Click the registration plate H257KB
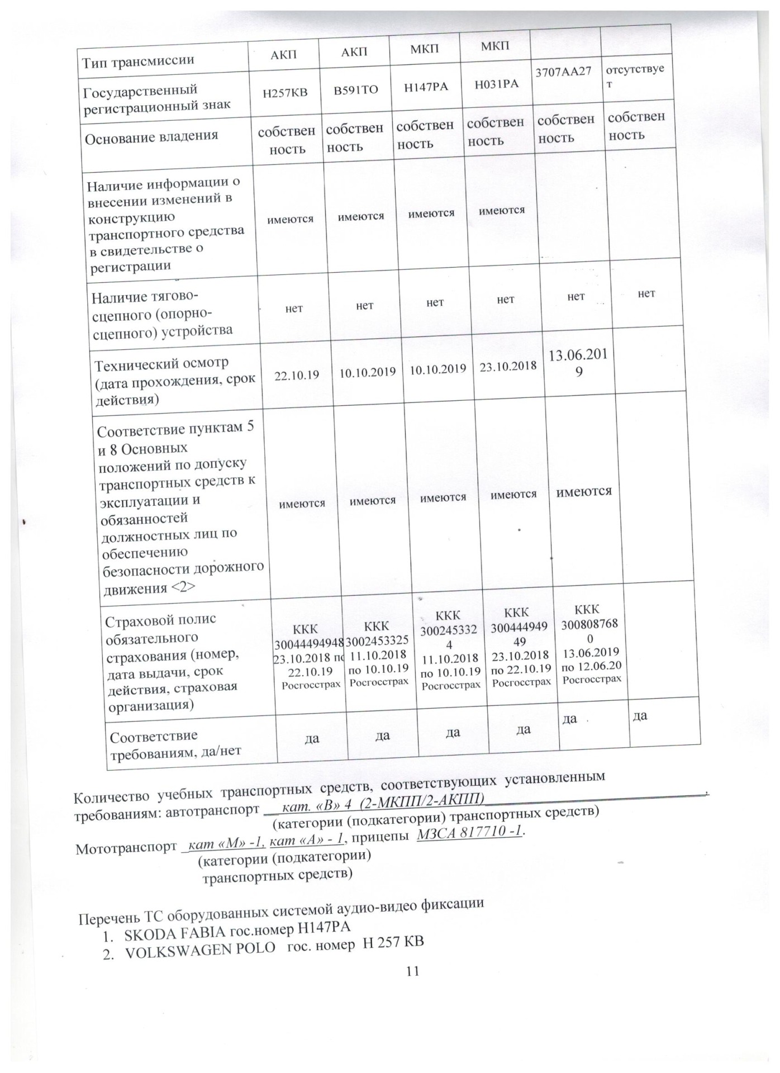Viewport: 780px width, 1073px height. coord(285,92)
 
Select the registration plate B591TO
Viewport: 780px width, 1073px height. coord(356,89)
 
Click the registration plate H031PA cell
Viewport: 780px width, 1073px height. coord(496,84)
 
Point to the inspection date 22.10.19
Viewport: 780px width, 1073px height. coord(297,375)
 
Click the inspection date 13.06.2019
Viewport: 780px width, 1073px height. coord(578,362)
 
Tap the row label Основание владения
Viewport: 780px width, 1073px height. coord(151,136)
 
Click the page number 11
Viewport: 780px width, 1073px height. coord(412,971)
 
